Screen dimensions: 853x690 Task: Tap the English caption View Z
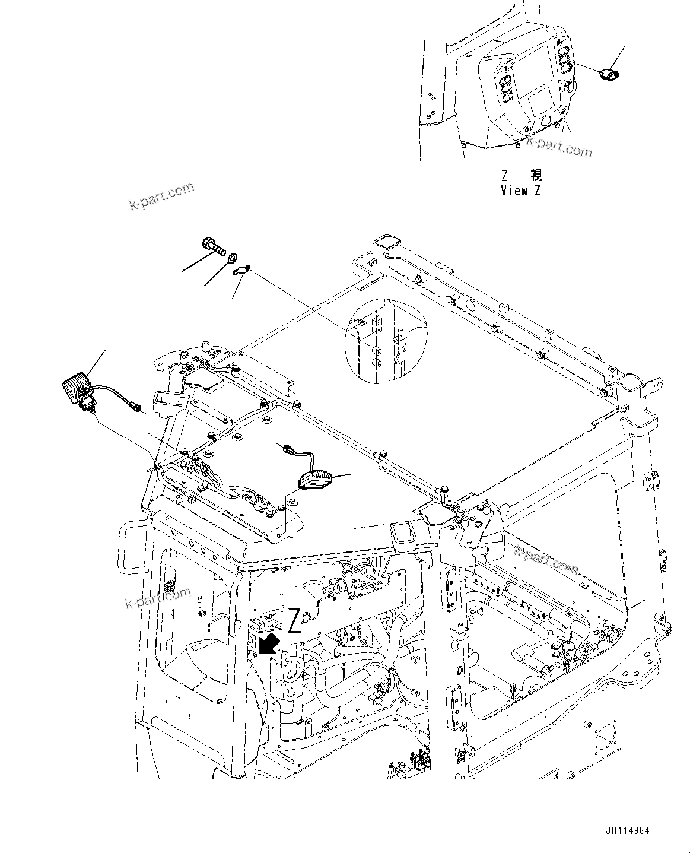521,191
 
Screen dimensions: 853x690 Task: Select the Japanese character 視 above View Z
536,176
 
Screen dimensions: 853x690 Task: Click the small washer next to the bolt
233,258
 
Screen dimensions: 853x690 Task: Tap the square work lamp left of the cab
77,386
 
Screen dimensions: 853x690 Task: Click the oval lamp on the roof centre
316,478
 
